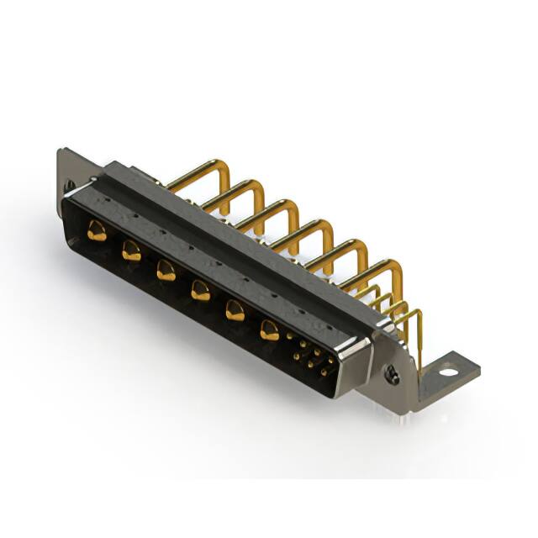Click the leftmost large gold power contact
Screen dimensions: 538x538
coord(97,231)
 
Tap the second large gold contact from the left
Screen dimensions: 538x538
coord(130,250)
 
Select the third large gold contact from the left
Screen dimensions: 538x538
coord(165,270)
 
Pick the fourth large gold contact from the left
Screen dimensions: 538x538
coord(199,291)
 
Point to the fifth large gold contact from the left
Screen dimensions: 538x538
coord(235,311)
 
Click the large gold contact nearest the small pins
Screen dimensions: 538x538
coord(269,330)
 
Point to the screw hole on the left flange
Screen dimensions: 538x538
coord(70,185)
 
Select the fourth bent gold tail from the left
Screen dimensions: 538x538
coord(308,229)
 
